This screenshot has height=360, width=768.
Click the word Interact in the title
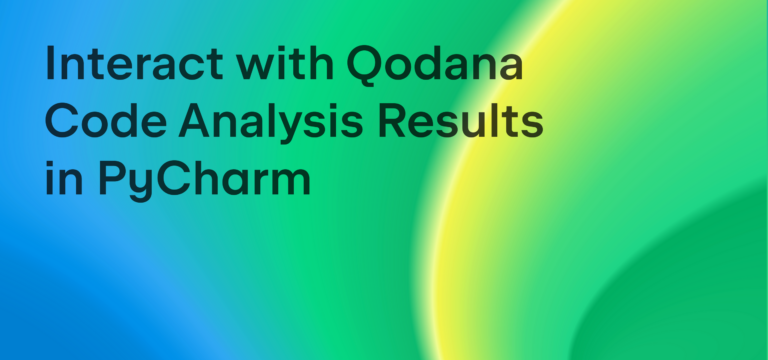tap(119, 65)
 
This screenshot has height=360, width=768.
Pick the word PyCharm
tap(203, 183)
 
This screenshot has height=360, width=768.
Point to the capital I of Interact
tap(51, 65)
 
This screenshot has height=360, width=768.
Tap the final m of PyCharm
tap(289, 183)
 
